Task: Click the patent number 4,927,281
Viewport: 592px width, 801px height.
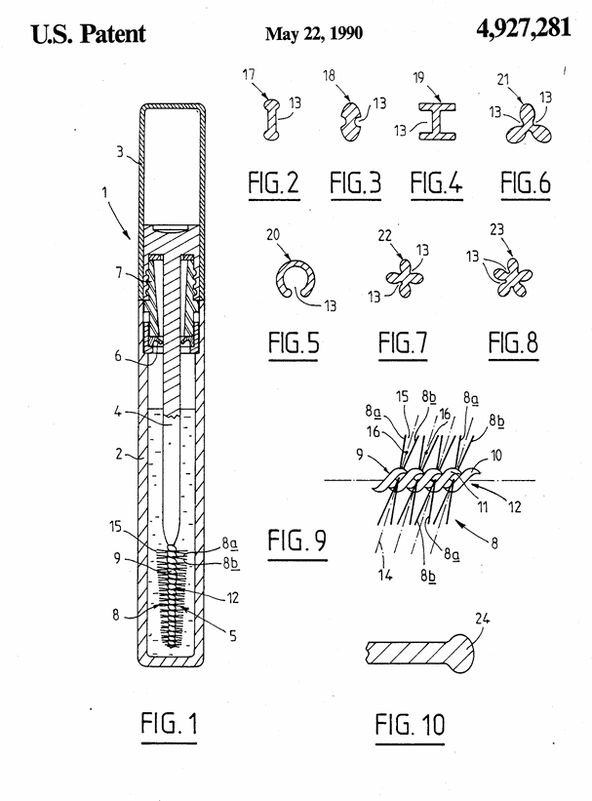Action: point(524,28)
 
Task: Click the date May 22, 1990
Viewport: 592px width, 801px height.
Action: point(314,34)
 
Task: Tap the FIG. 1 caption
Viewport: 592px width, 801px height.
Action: point(169,723)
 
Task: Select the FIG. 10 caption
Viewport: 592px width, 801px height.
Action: point(410,724)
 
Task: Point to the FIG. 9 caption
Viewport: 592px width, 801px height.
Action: point(297,540)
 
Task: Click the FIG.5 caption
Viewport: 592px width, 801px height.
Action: point(294,342)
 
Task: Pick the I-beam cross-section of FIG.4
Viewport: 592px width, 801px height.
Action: point(437,121)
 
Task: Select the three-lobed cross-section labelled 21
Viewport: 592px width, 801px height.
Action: point(529,125)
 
